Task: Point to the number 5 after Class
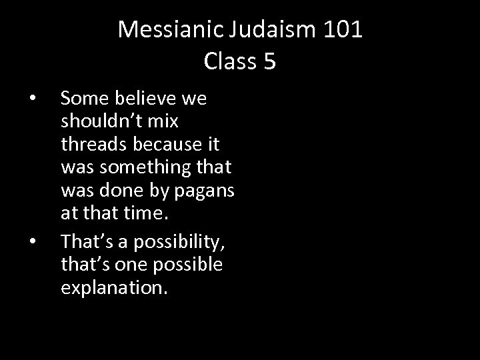269,61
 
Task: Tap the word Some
83,99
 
